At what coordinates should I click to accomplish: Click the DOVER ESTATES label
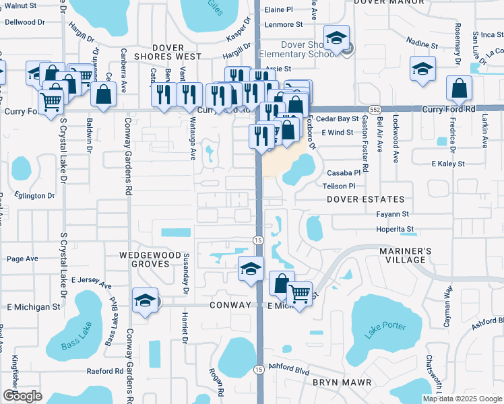click(366, 199)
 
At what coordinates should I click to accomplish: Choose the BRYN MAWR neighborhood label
click(342, 382)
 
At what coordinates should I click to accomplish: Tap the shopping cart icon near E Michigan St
click(299, 293)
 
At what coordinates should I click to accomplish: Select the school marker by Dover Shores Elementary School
click(335, 39)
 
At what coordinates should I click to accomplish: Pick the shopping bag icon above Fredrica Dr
click(459, 88)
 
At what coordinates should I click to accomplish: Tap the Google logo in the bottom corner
click(22, 396)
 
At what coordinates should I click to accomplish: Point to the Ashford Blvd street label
click(290, 370)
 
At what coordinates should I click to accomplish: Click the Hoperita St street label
click(395, 229)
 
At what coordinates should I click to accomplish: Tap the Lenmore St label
click(284, 24)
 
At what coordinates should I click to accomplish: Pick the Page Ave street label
click(22, 259)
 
